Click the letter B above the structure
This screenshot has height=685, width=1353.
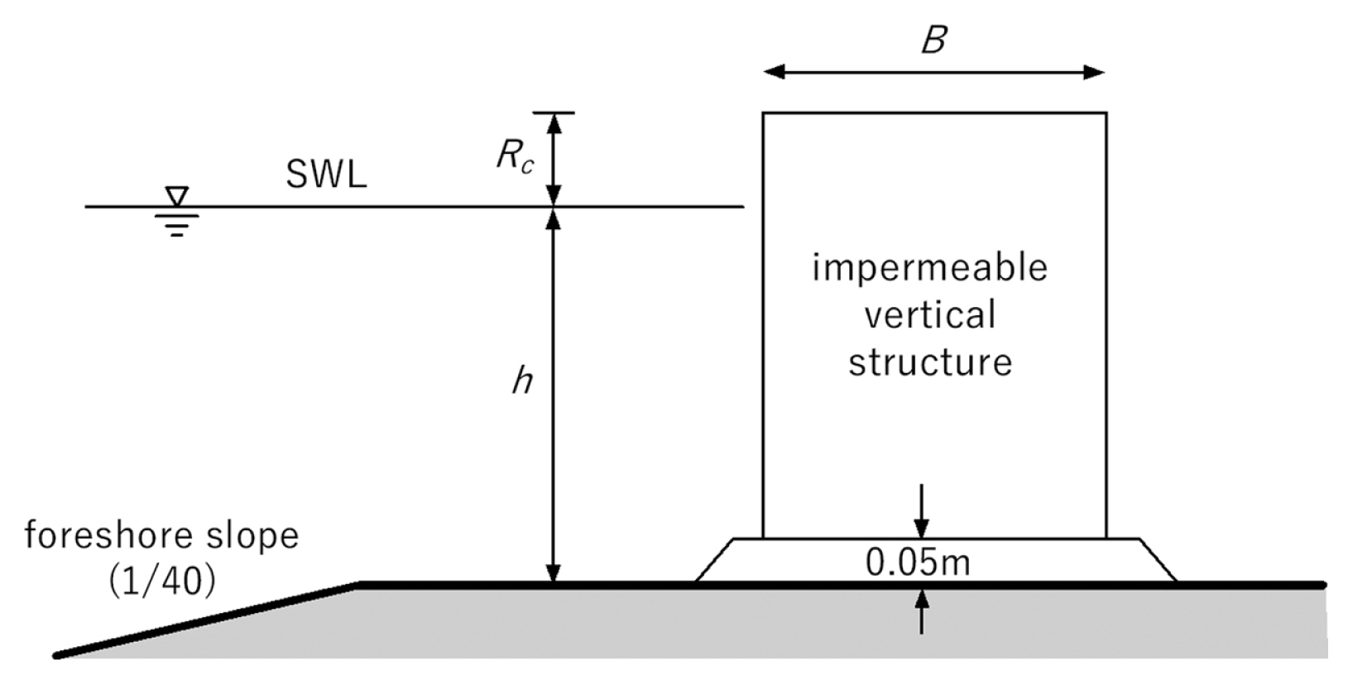[933, 40]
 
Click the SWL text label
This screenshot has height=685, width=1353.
[326, 175]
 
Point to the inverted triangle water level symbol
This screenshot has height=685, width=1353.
[176, 196]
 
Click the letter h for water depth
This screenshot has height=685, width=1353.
[521, 381]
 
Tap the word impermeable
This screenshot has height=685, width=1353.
[930, 268]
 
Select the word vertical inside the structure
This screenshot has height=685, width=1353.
[930, 315]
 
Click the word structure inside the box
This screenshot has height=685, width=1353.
[930, 362]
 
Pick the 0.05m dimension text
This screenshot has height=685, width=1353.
[918, 563]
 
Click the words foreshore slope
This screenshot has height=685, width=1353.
[161, 535]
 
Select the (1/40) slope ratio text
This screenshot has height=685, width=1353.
[161, 582]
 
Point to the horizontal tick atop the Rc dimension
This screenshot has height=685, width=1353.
[554, 113]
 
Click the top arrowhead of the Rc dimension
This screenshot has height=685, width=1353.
[554, 122]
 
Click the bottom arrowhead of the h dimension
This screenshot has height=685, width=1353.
[554, 572]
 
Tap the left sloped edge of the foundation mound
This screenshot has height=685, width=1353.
[714, 560]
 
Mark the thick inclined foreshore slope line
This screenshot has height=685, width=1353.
[207, 620]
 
